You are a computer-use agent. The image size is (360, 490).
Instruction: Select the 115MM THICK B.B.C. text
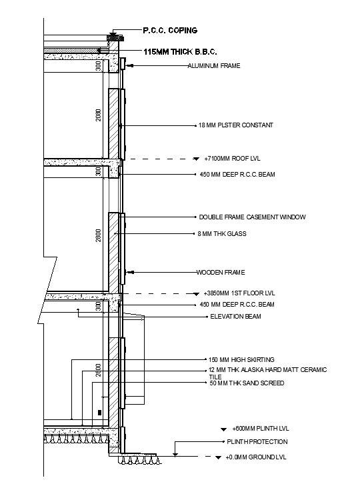181,51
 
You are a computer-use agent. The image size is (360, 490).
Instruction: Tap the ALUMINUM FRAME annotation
213,66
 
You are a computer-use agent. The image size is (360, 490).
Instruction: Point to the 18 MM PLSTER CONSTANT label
235,125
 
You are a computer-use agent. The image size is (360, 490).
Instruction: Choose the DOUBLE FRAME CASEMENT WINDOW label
253,217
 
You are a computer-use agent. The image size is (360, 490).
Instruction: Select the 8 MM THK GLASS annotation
223,233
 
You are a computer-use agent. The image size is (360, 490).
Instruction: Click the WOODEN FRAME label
221,272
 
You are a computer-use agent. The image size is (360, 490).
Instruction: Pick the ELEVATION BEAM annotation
235,316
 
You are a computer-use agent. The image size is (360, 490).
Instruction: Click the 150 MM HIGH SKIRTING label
241,360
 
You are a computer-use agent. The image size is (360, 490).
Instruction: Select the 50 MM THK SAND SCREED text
247,383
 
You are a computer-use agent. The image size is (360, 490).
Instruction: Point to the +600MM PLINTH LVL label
261,429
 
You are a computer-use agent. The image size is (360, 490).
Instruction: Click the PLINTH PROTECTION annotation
257,441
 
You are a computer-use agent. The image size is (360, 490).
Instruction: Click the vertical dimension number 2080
98,115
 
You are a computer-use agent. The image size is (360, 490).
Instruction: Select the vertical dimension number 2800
98,235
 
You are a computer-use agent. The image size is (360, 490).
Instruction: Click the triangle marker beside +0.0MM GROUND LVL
217,457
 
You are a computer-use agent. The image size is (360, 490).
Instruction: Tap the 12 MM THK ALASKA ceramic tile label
267,373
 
